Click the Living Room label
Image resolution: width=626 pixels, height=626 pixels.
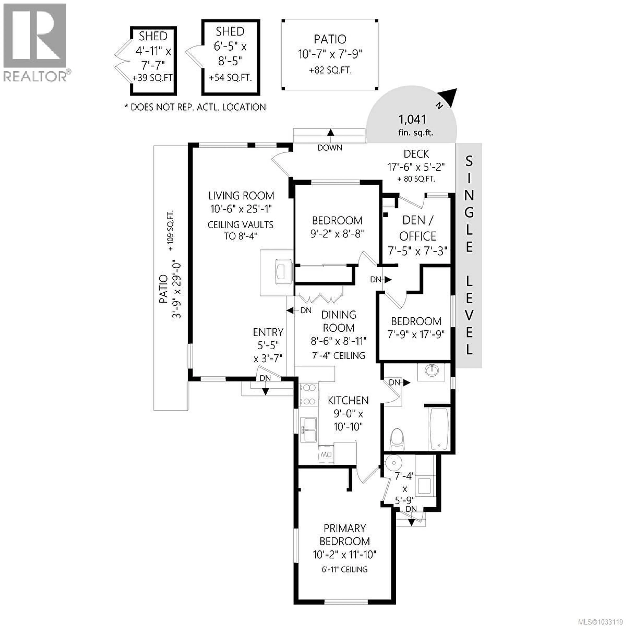click(241, 196)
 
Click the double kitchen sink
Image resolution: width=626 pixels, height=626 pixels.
click(308, 429)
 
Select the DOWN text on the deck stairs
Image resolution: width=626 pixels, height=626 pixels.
click(329, 148)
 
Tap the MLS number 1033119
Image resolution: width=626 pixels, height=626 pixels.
click(607, 621)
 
